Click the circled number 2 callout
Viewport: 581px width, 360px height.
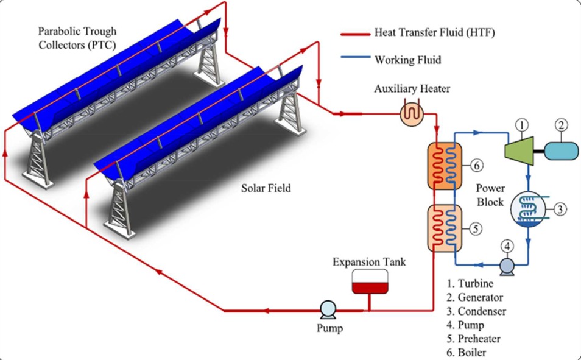[x=561, y=126]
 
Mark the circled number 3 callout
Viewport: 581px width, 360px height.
[x=561, y=210]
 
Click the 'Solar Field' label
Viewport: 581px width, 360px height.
[x=266, y=188]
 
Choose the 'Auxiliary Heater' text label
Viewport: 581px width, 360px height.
[x=412, y=90]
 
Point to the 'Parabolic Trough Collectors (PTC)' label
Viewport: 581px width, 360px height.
[x=77, y=37]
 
